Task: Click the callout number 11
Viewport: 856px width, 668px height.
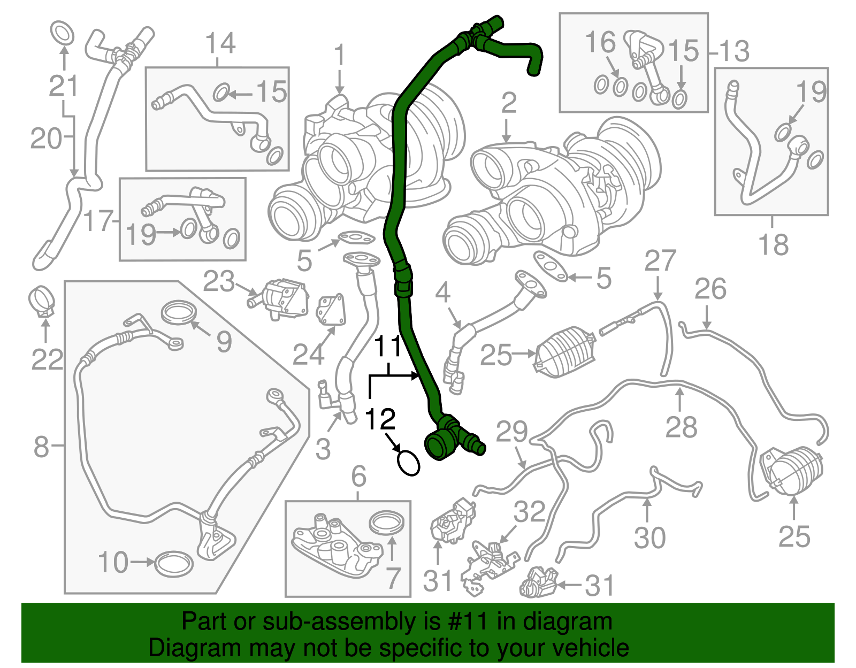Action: coord(387,347)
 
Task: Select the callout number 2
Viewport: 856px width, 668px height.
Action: coord(509,103)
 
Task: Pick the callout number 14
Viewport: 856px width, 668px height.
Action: coord(220,43)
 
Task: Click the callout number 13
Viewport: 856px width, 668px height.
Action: coord(734,52)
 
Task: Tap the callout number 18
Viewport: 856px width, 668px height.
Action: coord(774,245)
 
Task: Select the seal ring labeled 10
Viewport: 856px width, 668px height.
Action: coord(174,563)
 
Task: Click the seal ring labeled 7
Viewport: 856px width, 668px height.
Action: coord(387,523)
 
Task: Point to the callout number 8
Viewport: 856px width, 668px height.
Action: coord(41,446)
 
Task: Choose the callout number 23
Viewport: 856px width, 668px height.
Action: coord(219,281)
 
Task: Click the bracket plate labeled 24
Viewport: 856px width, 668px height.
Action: coord(332,310)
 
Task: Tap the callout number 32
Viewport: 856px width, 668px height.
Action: coord(529,512)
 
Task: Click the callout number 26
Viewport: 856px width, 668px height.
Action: coord(710,289)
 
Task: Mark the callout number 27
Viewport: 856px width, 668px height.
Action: coord(660,261)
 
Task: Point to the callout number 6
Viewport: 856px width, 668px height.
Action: coord(358,476)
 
